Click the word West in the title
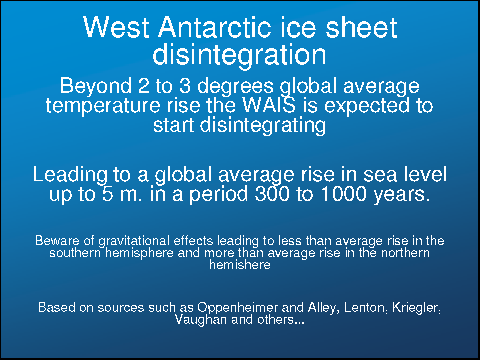click(116, 27)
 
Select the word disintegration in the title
click(239, 55)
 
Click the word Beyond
click(96, 86)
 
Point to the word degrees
click(235, 86)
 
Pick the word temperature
click(103, 106)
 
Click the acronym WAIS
click(269, 105)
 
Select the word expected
click(367, 106)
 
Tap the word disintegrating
click(263, 125)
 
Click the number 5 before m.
click(108, 194)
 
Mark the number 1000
click(344, 194)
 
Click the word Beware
click(57, 241)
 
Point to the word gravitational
click(134, 241)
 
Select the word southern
click(75, 253)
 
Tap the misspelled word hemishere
click(240, 265)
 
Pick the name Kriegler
click(416, 307)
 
